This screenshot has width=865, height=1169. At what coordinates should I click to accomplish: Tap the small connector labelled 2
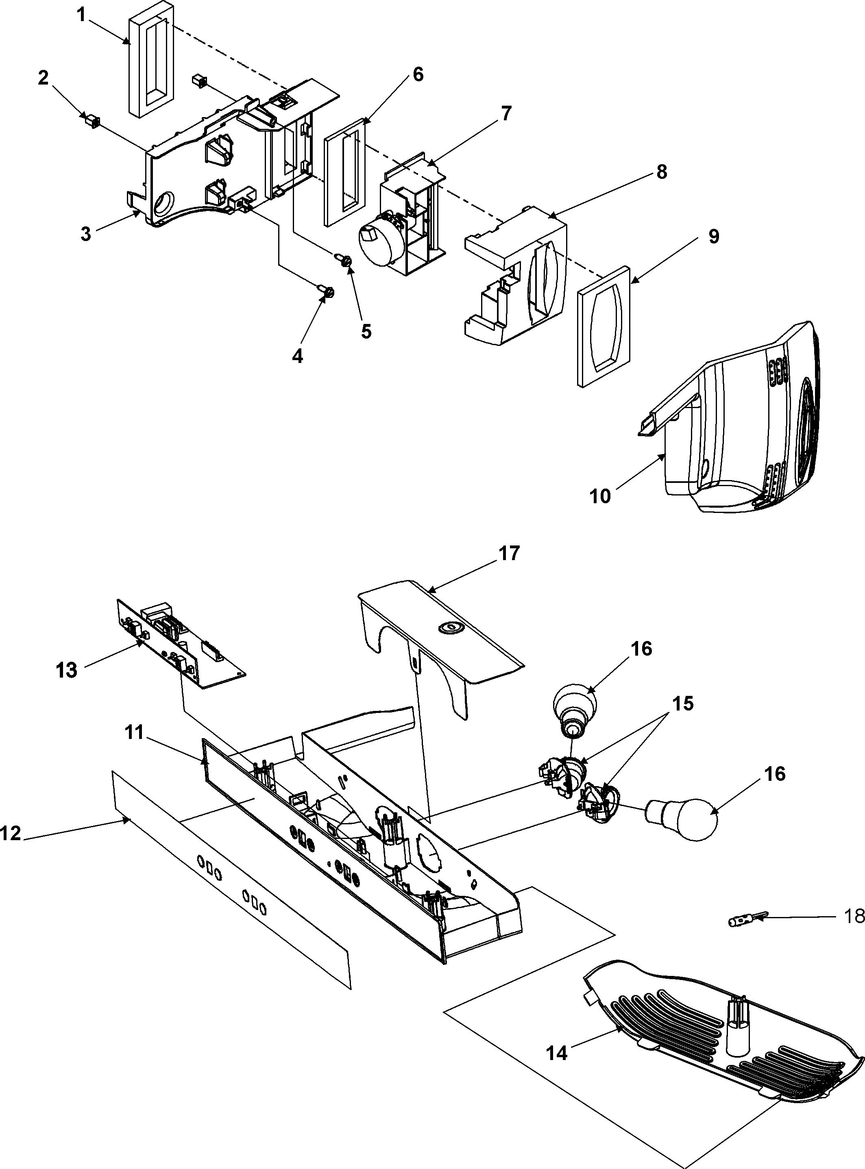coord(92,122)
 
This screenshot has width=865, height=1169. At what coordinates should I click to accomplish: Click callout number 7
coord(505,113)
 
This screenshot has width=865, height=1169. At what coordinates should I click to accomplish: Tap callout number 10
coord(600,495)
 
